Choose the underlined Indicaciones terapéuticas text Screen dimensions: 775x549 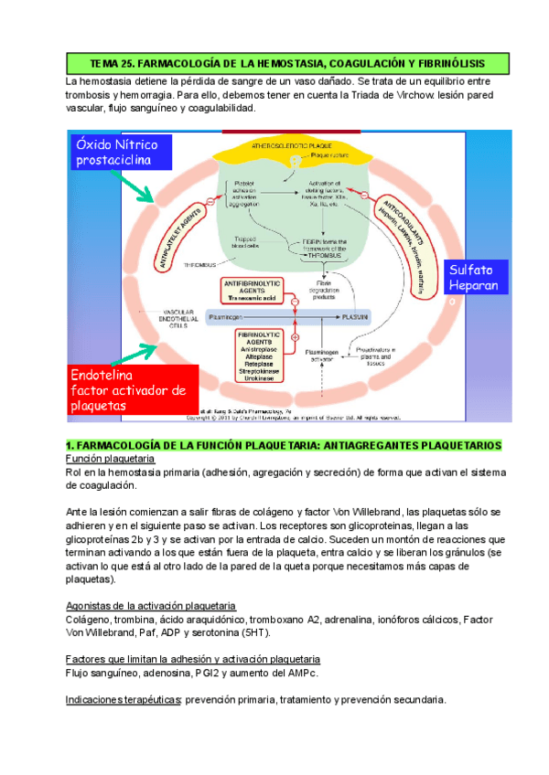[124, 700]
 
